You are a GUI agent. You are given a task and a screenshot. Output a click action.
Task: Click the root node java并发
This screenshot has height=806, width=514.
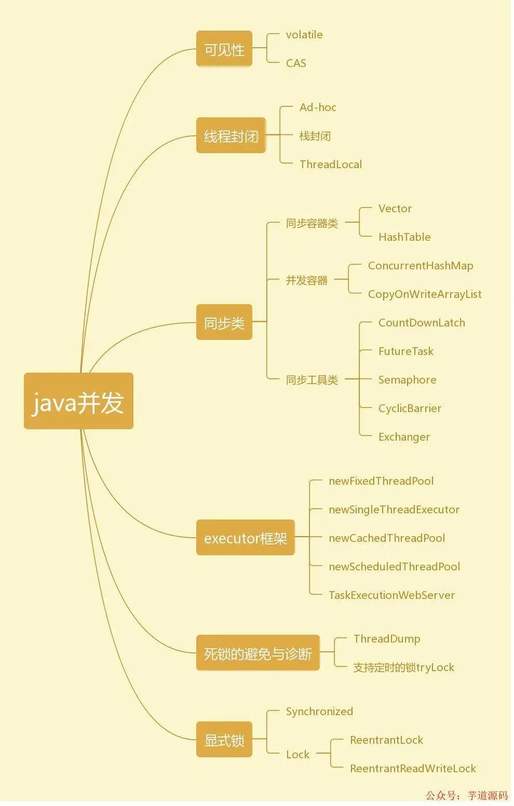[x=78, y=401]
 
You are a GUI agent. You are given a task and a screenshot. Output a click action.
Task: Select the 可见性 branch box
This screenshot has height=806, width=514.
[x=224, y=49]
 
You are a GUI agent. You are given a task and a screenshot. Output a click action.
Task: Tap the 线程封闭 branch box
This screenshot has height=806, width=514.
[x=231, y=136]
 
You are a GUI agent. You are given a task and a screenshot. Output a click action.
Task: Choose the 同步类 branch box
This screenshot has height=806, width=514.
[x=224, y=323]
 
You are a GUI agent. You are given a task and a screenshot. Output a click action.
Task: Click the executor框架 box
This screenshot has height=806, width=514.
[x=245, y=538]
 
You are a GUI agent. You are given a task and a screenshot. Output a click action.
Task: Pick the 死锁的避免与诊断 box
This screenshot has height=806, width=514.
[x=258, y=653]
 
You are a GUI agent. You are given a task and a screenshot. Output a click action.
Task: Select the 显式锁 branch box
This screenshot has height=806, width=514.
[x=224, y=740]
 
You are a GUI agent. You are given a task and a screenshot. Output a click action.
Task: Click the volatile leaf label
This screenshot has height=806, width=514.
[x=304, y=35]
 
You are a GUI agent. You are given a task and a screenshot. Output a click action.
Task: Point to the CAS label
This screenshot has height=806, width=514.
[x=296, y=63]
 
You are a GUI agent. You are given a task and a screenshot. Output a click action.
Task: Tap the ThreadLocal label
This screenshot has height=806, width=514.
[x=331, y=165]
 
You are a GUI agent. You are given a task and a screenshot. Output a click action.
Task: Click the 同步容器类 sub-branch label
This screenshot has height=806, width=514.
[x=312, y=223]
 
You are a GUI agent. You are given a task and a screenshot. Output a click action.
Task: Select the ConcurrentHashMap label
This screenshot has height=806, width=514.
[x=421, y=266]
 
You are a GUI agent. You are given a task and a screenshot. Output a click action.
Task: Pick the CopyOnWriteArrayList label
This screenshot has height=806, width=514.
[x=425, y=294]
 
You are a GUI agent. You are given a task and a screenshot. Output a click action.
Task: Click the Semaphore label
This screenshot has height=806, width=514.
[x=407, y=380]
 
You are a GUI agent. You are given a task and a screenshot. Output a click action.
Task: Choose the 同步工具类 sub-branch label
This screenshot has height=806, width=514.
[x=312, y=380]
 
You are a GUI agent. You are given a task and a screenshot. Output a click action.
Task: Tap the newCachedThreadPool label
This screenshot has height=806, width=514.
[x=387, y=538]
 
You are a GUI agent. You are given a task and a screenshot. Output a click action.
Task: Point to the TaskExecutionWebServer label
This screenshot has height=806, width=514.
[x=391, y=595]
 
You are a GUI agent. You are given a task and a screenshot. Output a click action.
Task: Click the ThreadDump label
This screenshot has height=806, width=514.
[x=387, y=639]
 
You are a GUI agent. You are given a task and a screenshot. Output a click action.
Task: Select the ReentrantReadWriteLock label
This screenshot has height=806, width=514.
[x=413, y=769]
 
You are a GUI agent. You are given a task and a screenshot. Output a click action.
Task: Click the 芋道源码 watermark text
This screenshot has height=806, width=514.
[x=488, y=796]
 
